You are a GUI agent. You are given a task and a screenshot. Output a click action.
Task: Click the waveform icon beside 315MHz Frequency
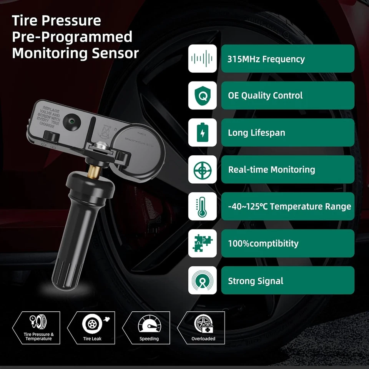(202, 59)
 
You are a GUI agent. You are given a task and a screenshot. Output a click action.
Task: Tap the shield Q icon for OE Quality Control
(202, 96)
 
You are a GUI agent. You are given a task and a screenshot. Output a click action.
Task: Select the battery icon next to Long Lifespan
(202, 133)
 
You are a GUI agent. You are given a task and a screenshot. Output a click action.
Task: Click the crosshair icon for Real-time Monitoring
(202, 170)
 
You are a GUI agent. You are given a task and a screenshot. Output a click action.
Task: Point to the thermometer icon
(202, 206)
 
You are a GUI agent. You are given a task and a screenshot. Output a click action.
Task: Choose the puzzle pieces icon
(202, 243)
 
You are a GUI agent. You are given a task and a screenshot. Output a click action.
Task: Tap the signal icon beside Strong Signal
(202, 280)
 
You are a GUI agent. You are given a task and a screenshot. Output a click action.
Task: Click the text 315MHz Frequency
(266, 59)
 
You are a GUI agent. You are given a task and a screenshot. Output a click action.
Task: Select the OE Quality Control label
(265, 96)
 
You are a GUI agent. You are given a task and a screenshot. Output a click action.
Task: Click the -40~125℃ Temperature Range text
(289, 206)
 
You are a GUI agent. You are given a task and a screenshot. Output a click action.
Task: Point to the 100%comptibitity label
(263, 243)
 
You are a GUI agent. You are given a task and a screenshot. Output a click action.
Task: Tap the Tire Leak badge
(92, 327)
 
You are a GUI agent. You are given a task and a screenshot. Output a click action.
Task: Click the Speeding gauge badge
(149, 327)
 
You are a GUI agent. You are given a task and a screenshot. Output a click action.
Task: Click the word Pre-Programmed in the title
(72, 37)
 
